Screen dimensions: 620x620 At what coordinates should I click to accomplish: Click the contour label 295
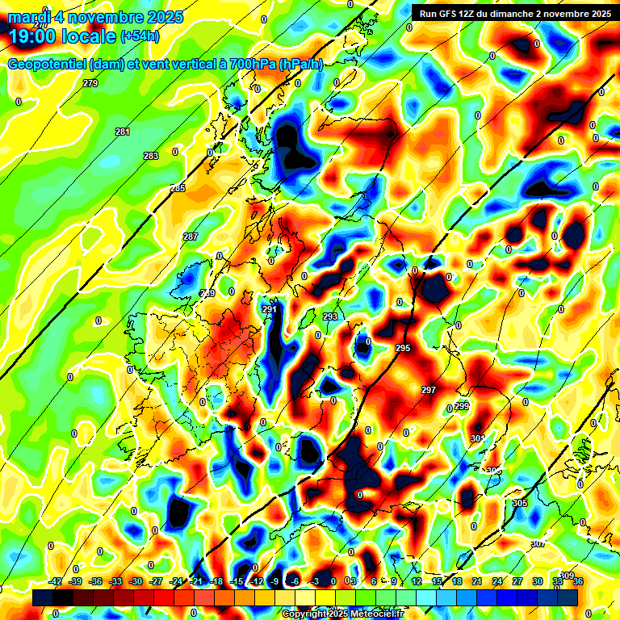pyautogui.click(x=403, y=348)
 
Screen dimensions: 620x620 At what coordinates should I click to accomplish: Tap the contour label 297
pyautogui.click(x=429, y=390)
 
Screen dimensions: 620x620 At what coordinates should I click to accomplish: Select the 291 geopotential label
pyautogui.click(x=270, y=309)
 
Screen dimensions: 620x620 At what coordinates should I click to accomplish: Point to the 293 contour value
pyautogui.click(x=330, y=316)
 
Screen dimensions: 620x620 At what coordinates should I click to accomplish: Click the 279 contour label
pyautogui.click(x=90, y=83)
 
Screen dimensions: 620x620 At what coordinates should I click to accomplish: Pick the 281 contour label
pyautogui.click(x=123, y=132)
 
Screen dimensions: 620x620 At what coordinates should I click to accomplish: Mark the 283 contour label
pyautogui.click(x=151, y=156)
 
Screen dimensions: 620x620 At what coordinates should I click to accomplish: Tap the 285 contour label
pyautogui.click(x=178, y=188)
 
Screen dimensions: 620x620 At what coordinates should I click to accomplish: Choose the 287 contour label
pyautogui.click(x=191, y=237)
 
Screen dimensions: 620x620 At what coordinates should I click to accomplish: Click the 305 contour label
pyautogui.click(x=519, y=503)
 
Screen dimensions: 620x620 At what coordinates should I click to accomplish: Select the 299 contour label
pyautogui.click(x=461, y=406)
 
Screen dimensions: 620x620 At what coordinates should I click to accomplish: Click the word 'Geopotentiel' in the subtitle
pyautogui.click(x=49, y=65)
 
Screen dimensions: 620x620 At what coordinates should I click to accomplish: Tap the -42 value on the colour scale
pyautogui.click(x=56, y=581)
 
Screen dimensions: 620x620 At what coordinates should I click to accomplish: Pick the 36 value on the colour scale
pyautogui.click(x=579, y=581)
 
